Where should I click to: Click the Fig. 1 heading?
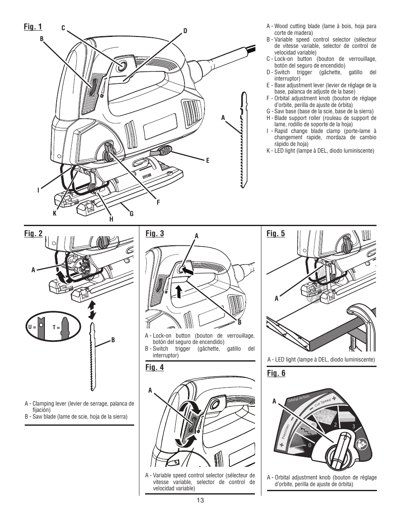34,27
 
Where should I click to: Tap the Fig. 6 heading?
276,373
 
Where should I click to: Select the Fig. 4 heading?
154,367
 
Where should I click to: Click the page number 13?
200,500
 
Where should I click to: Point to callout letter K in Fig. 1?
55,213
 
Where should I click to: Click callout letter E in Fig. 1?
207,160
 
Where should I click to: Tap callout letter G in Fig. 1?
131,214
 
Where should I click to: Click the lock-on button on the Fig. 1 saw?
122,65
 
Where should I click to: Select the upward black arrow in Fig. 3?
179,291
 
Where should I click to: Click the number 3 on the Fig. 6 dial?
353,427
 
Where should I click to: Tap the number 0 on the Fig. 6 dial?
309,445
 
